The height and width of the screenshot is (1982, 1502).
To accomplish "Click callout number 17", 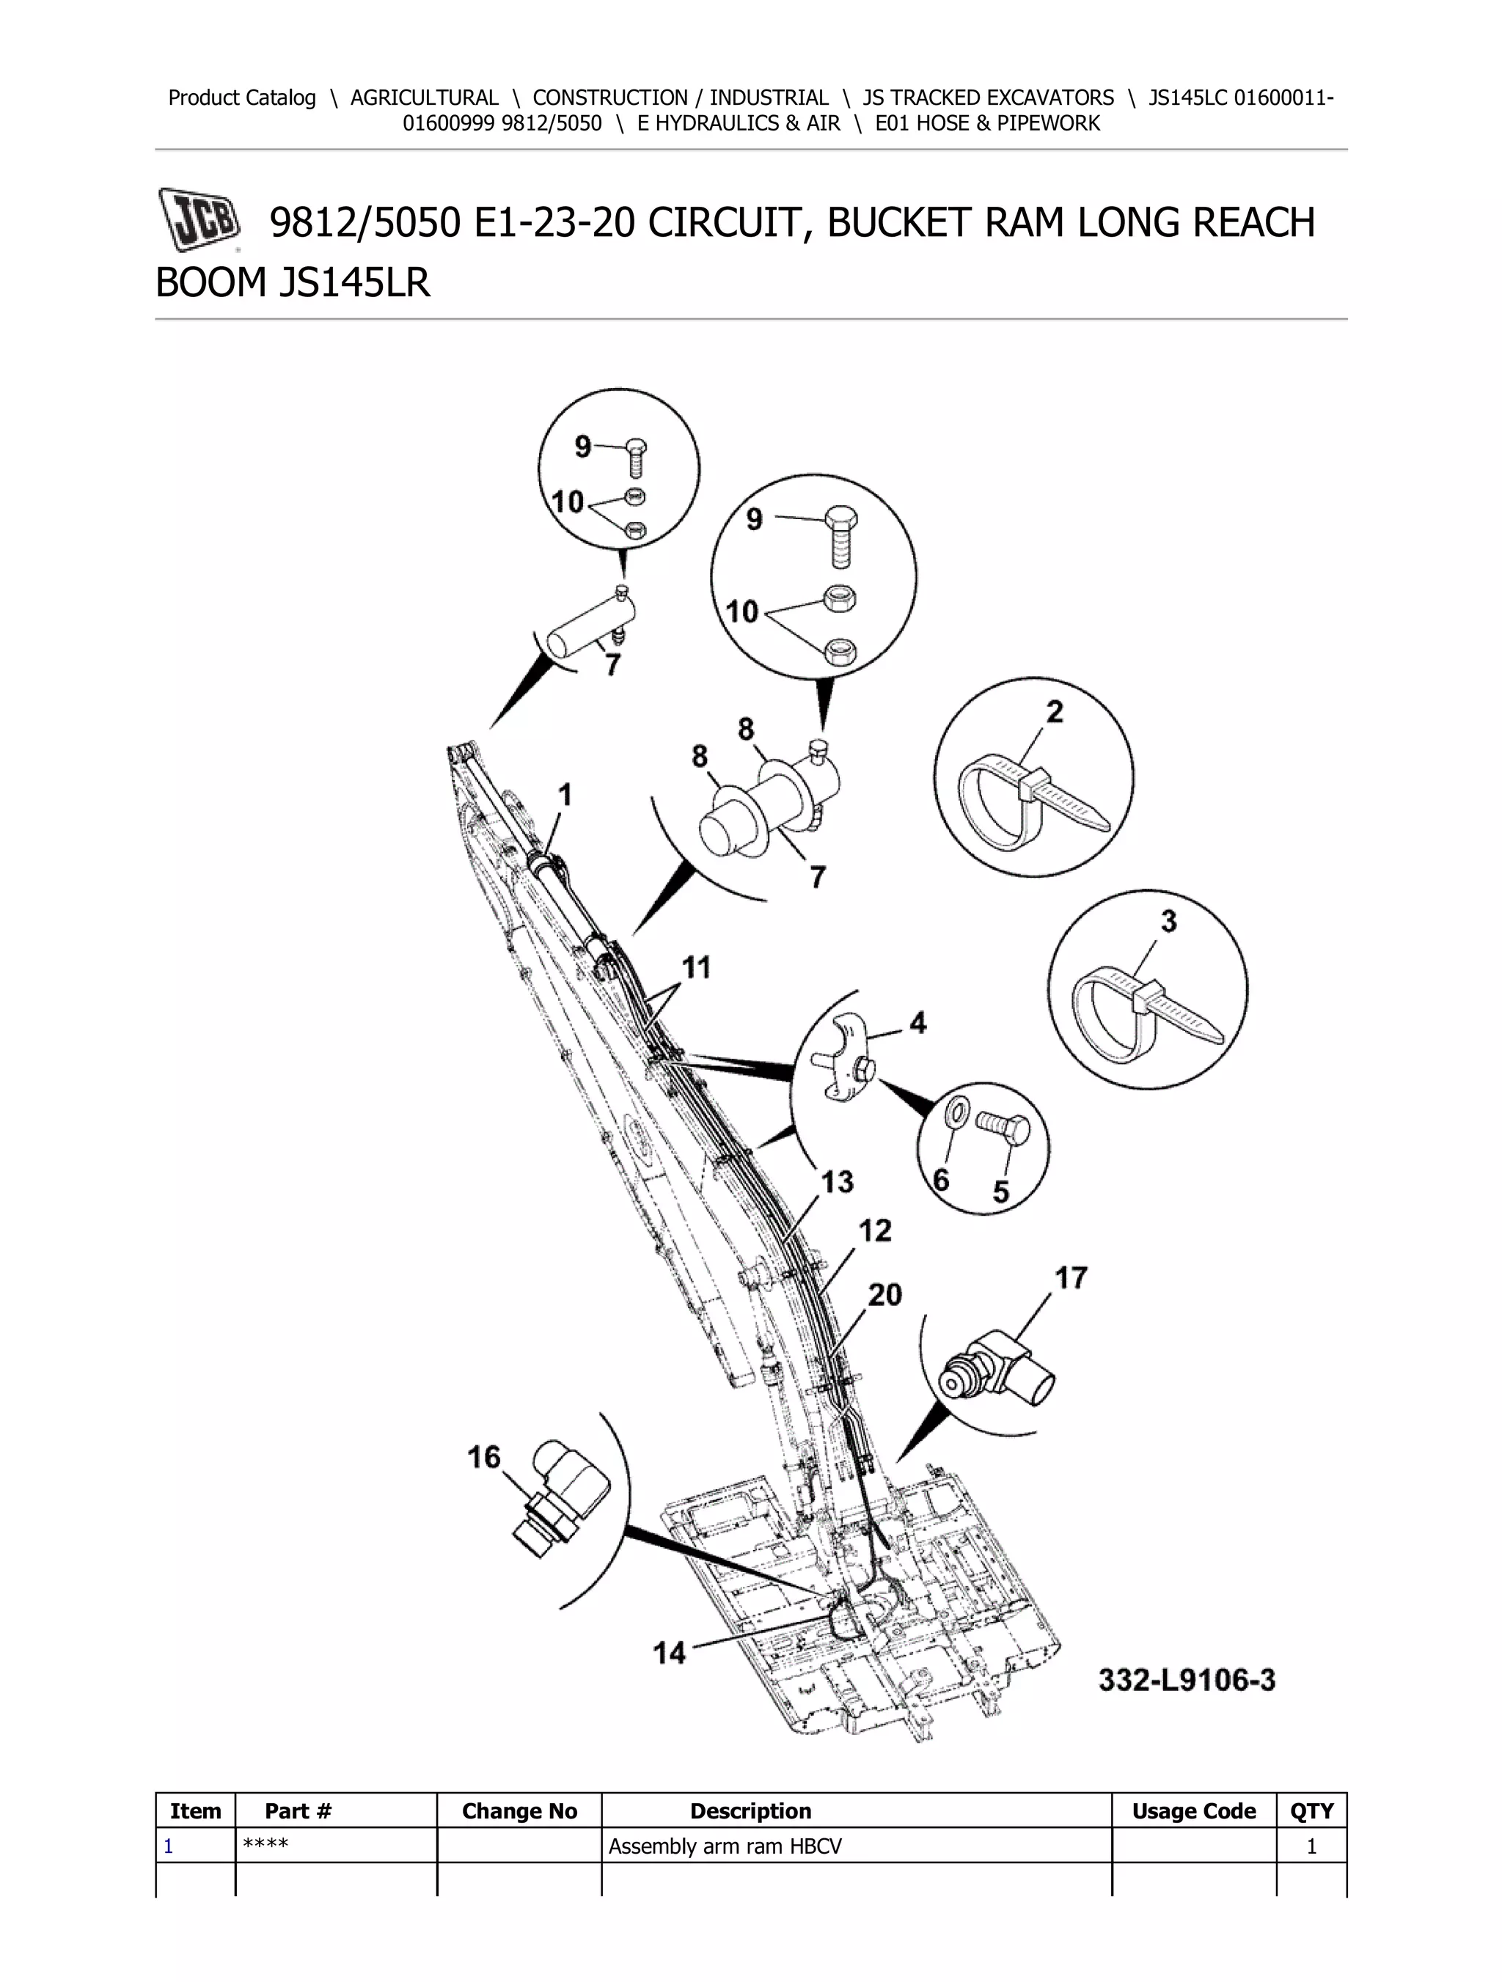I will pos(1070,1278).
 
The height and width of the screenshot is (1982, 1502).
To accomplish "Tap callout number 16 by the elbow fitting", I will pos(484,1457).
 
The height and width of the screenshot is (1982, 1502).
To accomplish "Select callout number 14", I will pos(670,1652).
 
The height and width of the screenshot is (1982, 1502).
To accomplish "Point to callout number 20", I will pos(884,1294).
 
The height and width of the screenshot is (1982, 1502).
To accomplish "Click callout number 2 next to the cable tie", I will pos(1055,711).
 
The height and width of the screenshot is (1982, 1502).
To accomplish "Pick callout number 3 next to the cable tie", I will pos(1168,920).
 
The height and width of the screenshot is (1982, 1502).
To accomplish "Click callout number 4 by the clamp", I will pos(917,1022).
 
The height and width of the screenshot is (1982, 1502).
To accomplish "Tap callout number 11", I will pos(696,967).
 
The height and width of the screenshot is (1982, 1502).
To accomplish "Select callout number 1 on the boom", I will pos(565,795).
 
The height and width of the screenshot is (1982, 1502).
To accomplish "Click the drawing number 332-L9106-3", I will pos(1187,1679).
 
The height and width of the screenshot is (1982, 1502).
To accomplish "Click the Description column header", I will pos(750,1811).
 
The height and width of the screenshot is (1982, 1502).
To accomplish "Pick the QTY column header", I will pos(1311,1811).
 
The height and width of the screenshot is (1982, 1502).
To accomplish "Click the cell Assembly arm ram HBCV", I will pos(725,1846).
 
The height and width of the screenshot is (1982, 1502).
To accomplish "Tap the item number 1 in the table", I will pos(168,1846).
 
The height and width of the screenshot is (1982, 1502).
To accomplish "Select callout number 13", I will pos(837,1182).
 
